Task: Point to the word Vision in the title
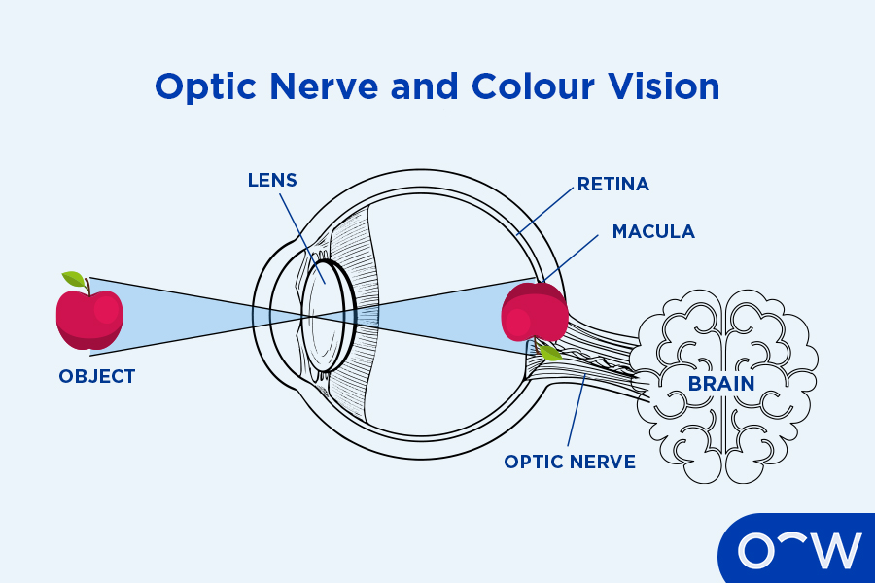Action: click(670, 86)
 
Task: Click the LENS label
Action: click(271, 181)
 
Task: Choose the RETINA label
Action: click(612, 184)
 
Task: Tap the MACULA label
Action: click(653, 231)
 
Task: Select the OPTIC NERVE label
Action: click(570, 462)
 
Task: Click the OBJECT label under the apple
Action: click(96, 376)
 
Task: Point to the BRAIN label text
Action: click(721, 383)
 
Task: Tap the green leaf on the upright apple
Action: click(74, 280)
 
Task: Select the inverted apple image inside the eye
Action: click(534, 313)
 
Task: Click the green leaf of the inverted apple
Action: click(550, 353)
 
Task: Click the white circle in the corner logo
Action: click(756, 551)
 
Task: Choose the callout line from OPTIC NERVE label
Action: click(575, 414)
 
